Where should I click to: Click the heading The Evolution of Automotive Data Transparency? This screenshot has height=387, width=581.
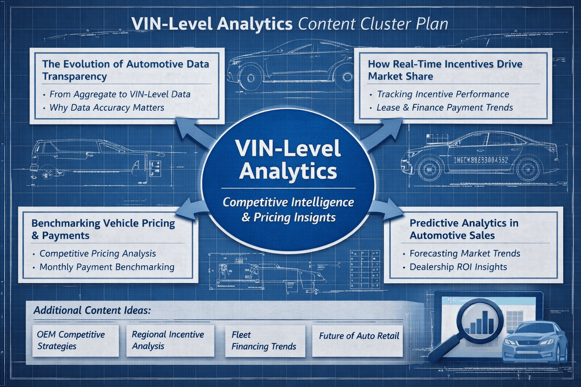click(x=125, y=70)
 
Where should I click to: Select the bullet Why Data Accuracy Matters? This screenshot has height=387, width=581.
click(x=107, y=108)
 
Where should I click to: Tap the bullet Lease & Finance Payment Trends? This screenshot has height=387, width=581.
click(x=444, y=108)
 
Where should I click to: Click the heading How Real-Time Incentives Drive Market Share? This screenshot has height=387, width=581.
click(x=445, y=70)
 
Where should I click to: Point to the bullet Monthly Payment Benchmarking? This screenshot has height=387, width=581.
click(x=107, y=267)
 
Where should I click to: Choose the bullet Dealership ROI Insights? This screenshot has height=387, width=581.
click(x=458, y=267)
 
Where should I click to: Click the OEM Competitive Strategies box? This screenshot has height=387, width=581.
click(x=75, y=341)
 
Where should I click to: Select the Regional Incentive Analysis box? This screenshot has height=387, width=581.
click(x=170, y=341)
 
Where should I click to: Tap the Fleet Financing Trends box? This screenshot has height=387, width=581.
click(x=265, y=341)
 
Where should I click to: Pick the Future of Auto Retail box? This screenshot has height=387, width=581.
click(x=359, y=336)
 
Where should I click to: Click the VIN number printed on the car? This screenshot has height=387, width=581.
click(x=480, y=160)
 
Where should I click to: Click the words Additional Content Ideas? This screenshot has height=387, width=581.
click(x=92, y=311)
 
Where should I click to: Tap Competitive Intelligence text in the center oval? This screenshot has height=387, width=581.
click(x=288, y=203)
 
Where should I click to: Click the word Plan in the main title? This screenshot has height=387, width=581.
click(x=432, y=24)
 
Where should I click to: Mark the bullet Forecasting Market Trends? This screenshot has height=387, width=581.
click(x=465, y=254)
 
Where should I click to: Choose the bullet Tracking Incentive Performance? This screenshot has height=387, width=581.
click(x=443, y=94)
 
